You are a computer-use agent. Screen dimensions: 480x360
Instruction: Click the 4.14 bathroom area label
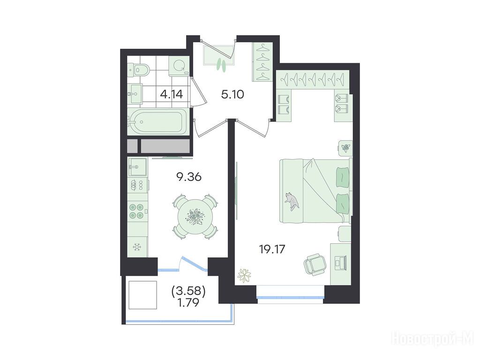172,94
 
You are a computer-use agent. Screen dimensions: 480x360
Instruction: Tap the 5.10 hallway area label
232,95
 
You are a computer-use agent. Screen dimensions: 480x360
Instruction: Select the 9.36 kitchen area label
189,177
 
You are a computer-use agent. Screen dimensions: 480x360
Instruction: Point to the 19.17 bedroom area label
272,249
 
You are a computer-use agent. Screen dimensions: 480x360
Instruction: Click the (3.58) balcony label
188,291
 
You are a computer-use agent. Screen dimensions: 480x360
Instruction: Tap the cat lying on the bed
292,201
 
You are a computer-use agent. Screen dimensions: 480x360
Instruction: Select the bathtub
157,121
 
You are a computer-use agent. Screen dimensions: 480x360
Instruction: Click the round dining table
195,217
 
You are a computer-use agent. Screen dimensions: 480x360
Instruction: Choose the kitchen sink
137,167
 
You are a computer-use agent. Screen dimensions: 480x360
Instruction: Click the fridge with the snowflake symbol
137,247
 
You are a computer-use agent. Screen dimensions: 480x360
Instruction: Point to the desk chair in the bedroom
315,264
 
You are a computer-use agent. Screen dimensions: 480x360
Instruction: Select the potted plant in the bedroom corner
244,275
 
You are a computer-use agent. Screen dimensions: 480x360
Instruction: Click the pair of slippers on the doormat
222,65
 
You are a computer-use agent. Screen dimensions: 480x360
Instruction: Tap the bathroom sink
135,93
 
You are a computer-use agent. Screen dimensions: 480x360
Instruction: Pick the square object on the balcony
143,295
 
